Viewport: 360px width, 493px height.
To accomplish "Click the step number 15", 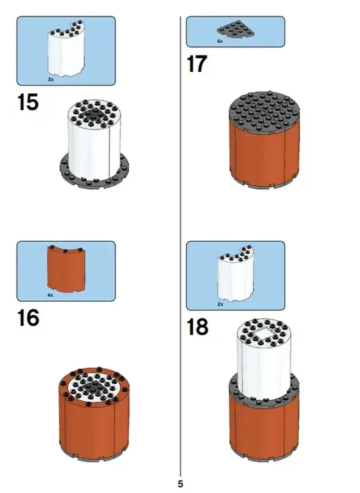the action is pyautogui.click(x=28, y=102).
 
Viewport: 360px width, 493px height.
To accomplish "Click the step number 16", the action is pyautogui.click(x=28, y=318).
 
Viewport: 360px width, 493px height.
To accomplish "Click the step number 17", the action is pyautogui.click(x=197, y=64).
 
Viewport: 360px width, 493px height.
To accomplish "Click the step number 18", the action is pyautogui.click(x=197, y=326).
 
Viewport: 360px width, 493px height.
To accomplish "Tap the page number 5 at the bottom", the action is pyautogui.click(x=180, y=484).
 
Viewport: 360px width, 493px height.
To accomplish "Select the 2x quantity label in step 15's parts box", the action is pyautogui.click(x=51, y=79).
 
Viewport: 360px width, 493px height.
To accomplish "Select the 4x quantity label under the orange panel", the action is pyautogui.click(x=51, y=295).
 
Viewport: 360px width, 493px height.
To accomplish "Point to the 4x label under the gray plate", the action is pyautogui.click(x=219, y=41).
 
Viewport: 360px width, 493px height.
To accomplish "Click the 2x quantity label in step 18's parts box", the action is pyautogui.click(x=220, y=304).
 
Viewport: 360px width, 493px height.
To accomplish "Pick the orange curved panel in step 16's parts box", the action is pyautogui.click(x=67, y=268).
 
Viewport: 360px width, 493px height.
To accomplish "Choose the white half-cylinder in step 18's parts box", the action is pyautogui.click(x=236, y=274).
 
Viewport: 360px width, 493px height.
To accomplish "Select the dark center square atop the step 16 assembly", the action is pyautogui.click(x=94, y=384).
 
